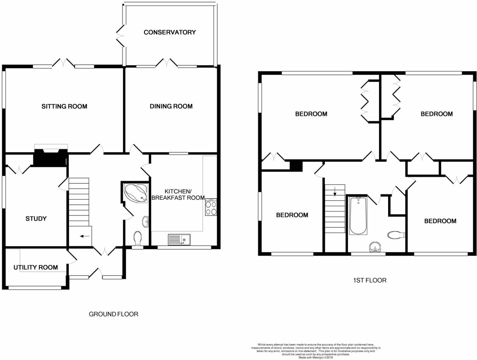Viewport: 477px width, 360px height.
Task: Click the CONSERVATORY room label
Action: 170,32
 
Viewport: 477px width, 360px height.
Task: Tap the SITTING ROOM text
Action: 64,106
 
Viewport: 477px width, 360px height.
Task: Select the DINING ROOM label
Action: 171,106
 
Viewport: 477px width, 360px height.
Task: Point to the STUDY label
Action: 36,219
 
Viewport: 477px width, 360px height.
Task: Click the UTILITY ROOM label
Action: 36,267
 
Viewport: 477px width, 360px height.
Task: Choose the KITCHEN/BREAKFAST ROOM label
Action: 178,194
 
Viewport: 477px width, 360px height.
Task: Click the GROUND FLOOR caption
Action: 113,314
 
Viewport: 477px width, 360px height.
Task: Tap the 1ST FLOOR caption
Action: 370,280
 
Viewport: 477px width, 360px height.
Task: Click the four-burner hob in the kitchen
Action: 211,207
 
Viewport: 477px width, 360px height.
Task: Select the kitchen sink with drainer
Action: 179,239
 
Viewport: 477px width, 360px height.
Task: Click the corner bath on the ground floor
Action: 135,192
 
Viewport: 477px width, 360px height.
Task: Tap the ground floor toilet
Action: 138,238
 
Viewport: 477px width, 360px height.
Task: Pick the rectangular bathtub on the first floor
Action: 358,216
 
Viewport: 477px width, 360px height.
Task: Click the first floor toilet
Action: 396,235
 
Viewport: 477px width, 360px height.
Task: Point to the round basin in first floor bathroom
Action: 375,247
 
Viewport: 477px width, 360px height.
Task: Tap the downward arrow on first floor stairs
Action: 335,191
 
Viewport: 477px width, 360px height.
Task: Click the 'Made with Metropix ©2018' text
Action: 315,357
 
